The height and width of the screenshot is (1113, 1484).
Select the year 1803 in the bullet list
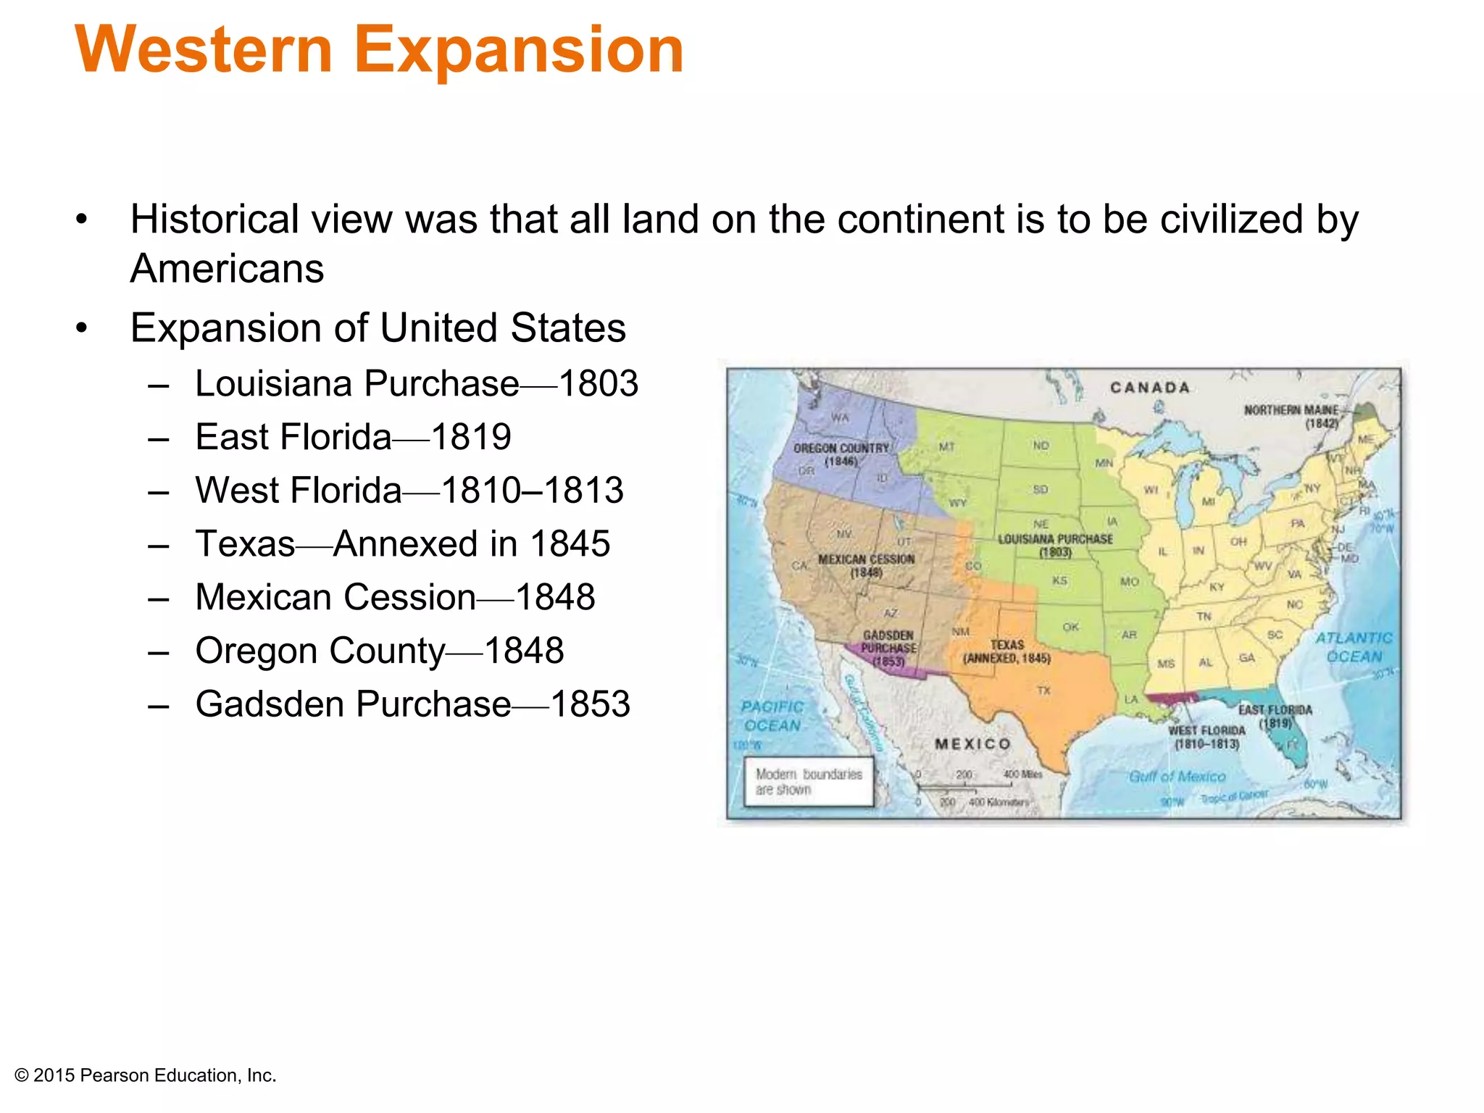pos(599,383)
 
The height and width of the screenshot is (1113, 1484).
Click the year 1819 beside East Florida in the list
pos(471,437)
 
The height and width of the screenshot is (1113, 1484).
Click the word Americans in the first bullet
pos(227,269)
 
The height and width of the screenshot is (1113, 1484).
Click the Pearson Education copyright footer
pos(146,1075)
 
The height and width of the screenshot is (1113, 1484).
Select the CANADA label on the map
pos(1150,388)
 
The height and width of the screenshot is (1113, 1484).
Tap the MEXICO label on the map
pos(972,744)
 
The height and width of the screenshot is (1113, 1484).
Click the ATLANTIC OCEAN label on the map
pos(1354,647)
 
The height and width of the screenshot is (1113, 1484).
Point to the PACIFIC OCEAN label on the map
pos(772,716)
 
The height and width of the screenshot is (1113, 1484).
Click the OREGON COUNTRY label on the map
pos(841,454)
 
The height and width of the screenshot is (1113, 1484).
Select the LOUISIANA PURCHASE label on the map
pos(1055,545)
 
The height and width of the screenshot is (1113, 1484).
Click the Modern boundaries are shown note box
pos(809,782)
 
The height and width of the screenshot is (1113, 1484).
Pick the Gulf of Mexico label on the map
pos(1177,777)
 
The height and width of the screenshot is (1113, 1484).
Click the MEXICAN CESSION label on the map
pos(866,565)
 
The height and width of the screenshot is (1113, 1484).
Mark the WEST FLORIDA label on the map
pos(1206,736)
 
